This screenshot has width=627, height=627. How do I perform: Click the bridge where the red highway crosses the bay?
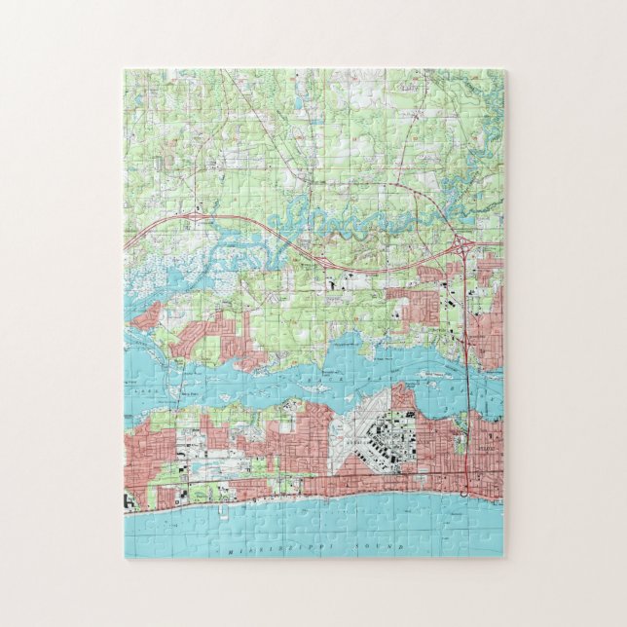466,375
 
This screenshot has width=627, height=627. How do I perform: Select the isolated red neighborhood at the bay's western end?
151,313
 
